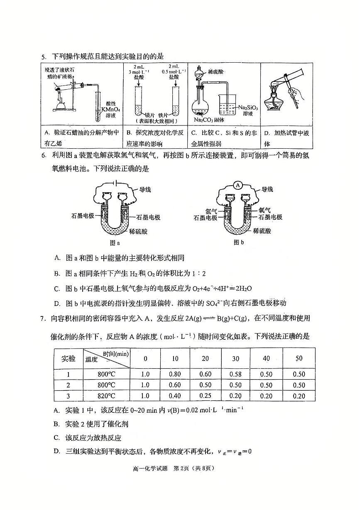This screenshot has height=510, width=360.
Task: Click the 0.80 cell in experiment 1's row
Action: [175, 374]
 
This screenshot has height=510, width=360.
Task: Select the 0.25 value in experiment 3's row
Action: [206, 396]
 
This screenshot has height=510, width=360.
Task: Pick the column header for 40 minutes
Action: [266, 358]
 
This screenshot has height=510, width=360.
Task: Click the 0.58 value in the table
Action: [235, 374]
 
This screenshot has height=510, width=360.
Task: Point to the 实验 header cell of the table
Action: [69, 358]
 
